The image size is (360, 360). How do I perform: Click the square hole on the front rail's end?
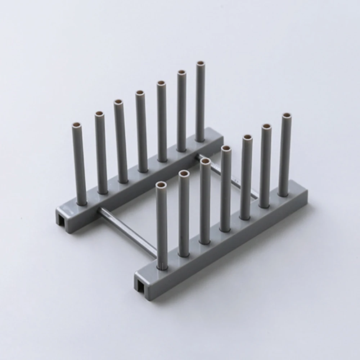coord(140,285)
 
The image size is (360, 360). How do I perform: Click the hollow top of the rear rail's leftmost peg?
coord(77,126)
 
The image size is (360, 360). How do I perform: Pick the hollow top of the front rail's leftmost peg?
coord(161,185)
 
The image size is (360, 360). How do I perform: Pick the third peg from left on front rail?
coord(205,202)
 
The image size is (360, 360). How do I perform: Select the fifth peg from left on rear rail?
coord(162,121)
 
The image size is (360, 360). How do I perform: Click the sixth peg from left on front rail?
coord(266,166)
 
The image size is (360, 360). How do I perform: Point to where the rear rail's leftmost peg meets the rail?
coord(81,203)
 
